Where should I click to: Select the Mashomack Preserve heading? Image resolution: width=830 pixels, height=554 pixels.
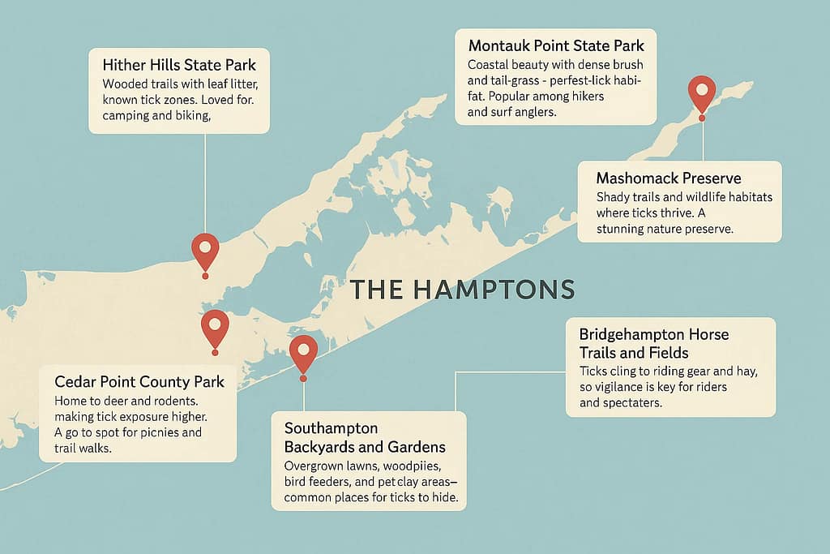point(668,178)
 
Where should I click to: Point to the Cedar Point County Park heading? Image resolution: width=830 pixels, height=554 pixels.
point(139,381)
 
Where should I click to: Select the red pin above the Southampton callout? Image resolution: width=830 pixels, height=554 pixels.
point(303,351)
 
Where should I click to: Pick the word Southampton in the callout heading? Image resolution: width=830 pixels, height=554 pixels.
point(332,427)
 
